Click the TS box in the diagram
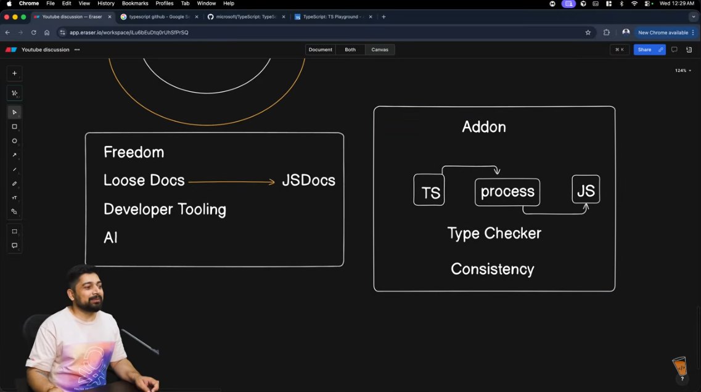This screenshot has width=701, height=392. tap(429, 190)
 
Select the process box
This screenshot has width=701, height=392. tap(507, 192)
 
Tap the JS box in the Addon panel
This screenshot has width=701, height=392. tap(586, 190)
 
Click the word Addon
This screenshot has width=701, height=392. tap(484, 127)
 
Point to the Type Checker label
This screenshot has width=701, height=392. tap(494, 233)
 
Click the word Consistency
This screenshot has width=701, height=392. tap(492, 269)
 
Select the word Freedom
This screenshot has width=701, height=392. tap(134, 152)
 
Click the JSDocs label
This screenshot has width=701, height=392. tap(308, 181)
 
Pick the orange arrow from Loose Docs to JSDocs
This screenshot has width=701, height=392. tap(231, 182)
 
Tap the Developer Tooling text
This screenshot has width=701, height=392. tap(165, 210)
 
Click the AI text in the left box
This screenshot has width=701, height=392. tap(110, 238)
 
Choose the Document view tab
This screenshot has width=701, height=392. tap(320, 49)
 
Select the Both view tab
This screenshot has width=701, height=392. tap(350, 49)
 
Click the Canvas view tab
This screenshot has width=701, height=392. tap(380, 49)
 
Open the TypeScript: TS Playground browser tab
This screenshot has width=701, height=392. tap(332, 17)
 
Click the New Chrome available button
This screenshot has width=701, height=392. tap(663, 32)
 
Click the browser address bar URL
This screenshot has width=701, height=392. tap(129, 32)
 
